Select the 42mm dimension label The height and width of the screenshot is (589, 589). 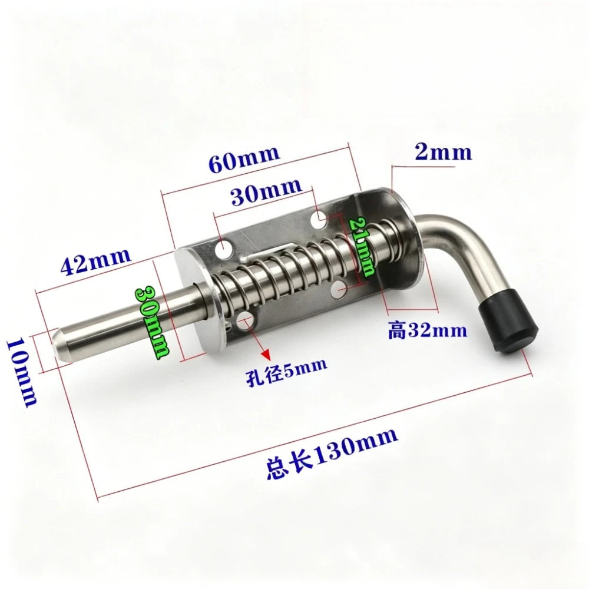pos(95,261)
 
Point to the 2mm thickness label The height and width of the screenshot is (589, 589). pos(444,152)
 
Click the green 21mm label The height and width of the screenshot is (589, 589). pos(362,247)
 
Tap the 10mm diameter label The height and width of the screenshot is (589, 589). pos(22,372)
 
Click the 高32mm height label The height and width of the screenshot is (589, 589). pos(428,330)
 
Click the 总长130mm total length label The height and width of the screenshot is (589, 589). pos(332,452)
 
